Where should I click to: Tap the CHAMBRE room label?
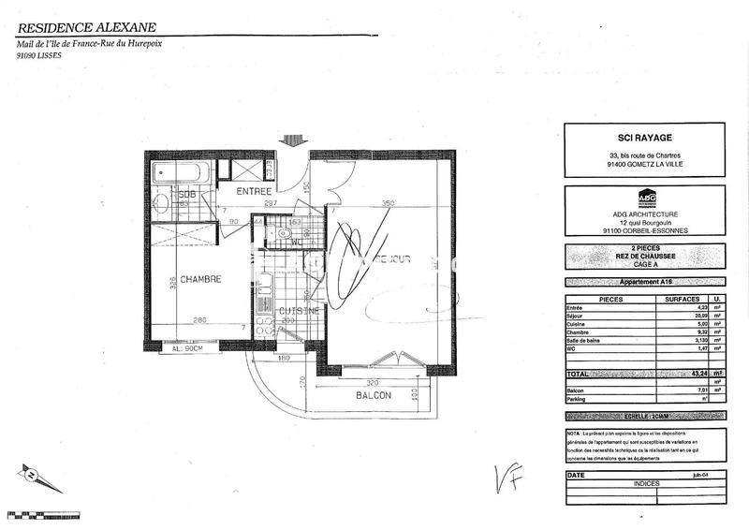pyautogui.click(x=200, y=278)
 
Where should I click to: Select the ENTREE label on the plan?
pyautogui.click(x=254, y=191)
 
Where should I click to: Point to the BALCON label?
pyautogui.click(x=373, y=395)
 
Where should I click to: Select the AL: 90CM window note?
pyautogui.click(x=191, y=348)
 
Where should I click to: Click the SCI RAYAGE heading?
pyautogui.click(x=646, y=136)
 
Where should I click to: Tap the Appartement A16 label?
pyautogui.click(x=646, y=282)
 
